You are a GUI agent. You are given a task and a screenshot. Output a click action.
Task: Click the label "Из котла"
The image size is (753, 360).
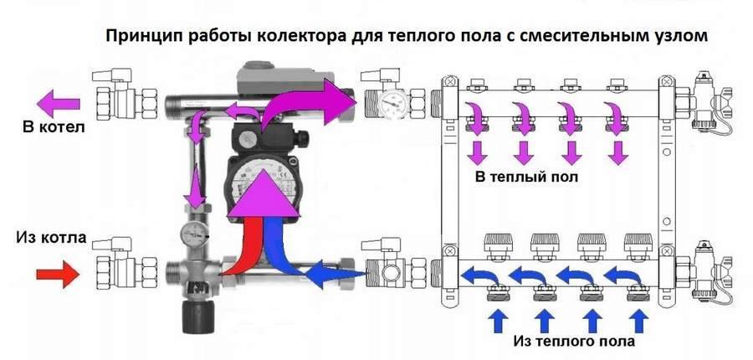(x=50, y=239)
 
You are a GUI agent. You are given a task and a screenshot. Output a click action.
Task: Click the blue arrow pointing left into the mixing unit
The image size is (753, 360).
(x=332, y=272)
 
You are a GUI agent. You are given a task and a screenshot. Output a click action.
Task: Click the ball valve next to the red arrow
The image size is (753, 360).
(x=117, y=270)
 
